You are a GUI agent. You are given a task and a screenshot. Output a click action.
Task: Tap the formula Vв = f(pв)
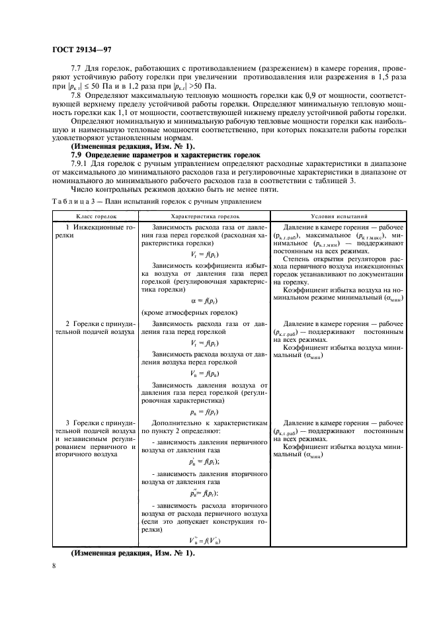tap(204, 374)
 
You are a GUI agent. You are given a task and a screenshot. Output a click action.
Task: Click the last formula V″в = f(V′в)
tap(204, 540)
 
